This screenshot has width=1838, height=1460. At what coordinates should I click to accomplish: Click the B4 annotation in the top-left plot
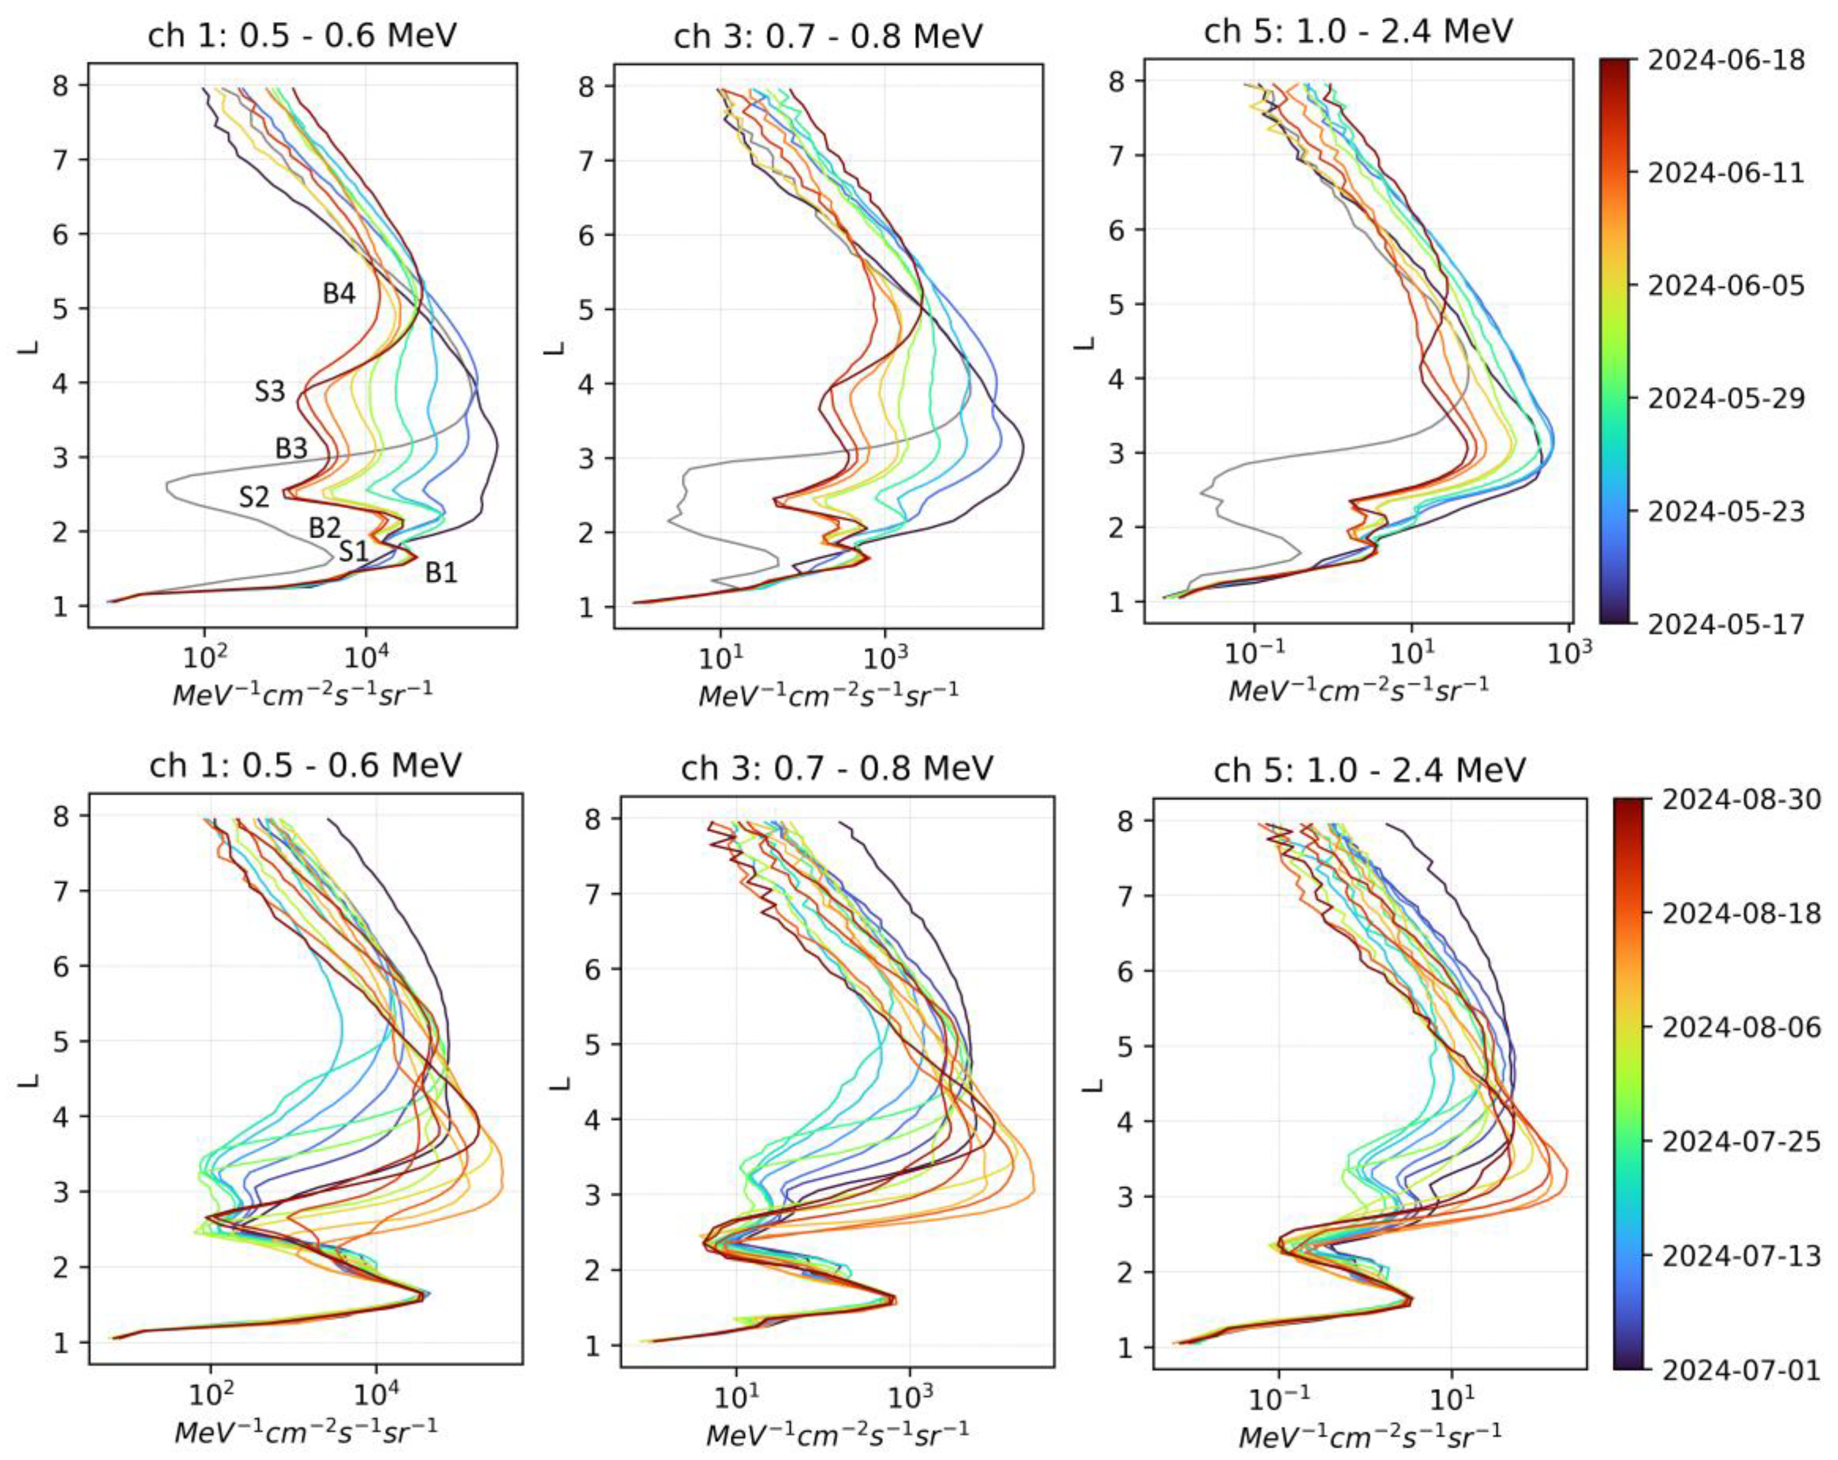pos(338,293)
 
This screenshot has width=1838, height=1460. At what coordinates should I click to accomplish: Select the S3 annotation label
pos(270,392)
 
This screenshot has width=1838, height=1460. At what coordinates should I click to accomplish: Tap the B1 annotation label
pos(441,572)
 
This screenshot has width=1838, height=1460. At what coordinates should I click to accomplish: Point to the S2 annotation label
pos(253,496)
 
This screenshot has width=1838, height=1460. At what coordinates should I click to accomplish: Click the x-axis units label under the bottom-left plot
pos(305,1432)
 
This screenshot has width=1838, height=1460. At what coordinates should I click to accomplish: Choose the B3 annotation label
pos(291,448)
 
